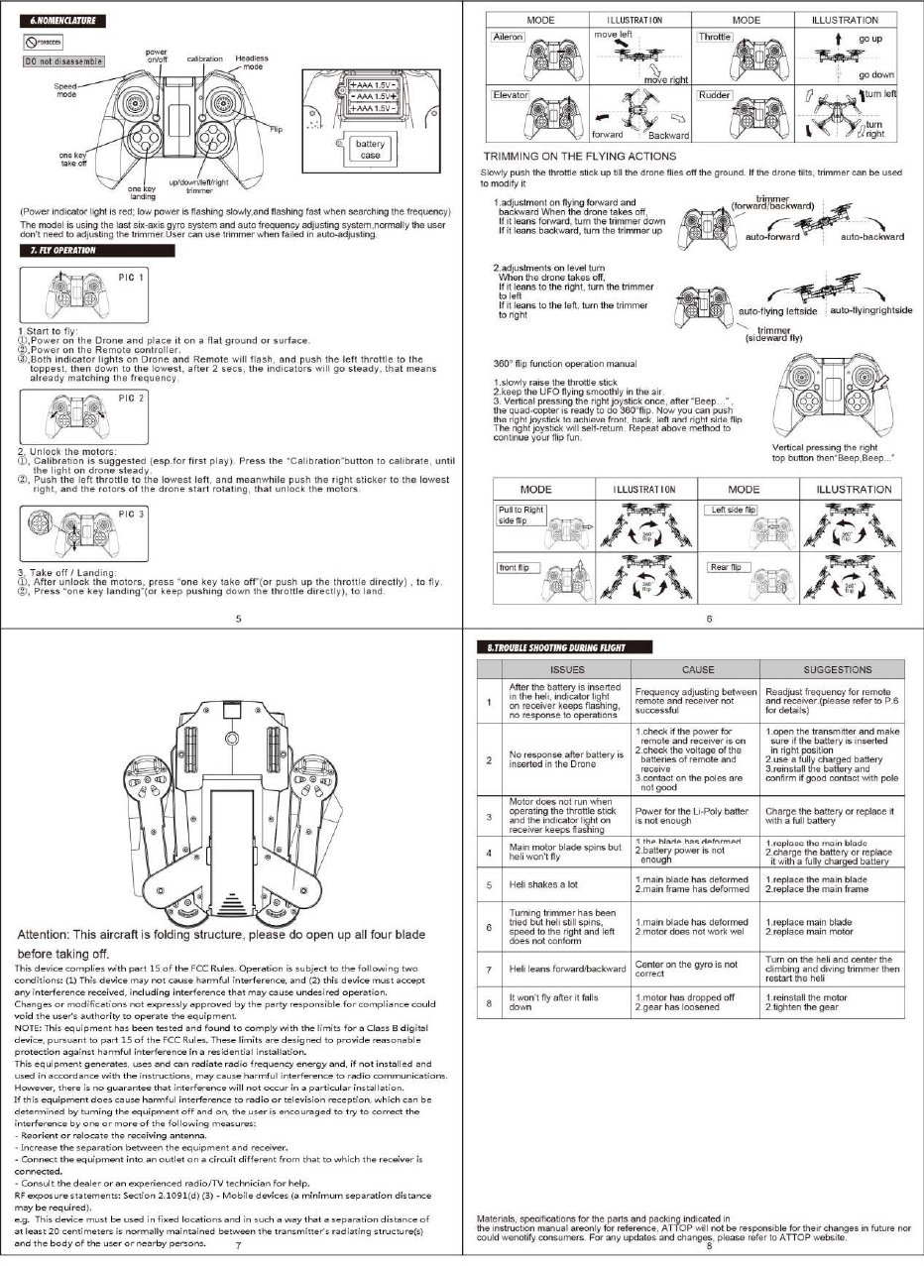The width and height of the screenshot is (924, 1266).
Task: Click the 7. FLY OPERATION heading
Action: coord(64,251)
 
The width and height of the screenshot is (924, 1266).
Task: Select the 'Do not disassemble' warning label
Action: coord(62,61)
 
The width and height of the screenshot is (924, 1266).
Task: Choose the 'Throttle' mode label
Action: coord(714,37)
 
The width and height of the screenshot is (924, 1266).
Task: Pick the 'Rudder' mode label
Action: coord(713,94)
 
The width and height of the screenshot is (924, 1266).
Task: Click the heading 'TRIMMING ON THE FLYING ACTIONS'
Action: coord(579,157)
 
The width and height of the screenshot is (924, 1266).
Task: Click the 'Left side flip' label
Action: coord(730,510)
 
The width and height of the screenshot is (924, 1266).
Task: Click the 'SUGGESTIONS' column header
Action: coord(838,669)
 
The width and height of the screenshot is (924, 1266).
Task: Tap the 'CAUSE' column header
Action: coord(698,669)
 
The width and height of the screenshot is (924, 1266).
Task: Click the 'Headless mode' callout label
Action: coord(252,61)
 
